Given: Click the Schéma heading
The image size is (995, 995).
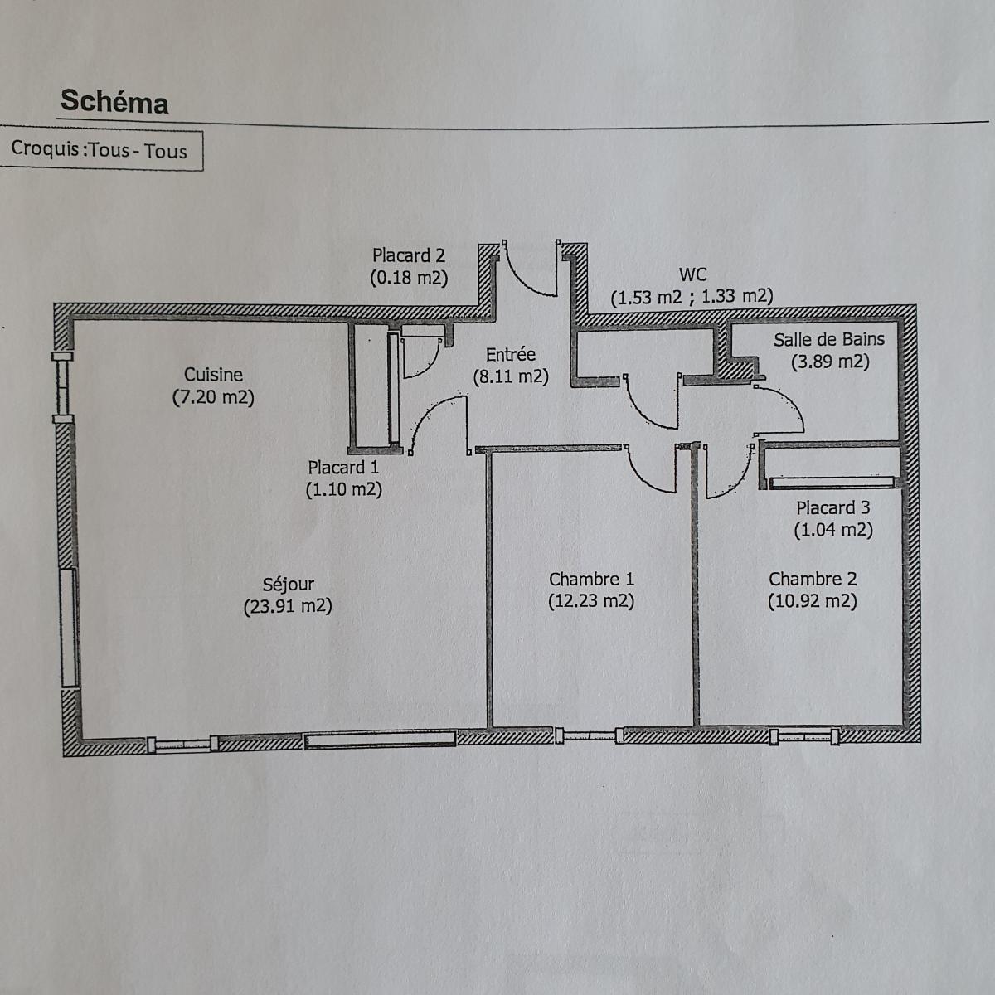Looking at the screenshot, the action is (x=114, y=101).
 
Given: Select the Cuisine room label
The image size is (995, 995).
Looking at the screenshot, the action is (x=213, y=374).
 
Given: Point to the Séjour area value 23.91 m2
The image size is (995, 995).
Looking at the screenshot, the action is (x=288, y=606).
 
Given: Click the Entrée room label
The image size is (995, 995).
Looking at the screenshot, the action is (x=511, y=355).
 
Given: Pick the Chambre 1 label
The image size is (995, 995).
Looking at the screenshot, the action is (x=591, y=580).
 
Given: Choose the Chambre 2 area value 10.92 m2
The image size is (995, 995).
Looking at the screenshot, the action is (x=813, y=601).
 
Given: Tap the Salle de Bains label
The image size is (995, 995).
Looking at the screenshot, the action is (x=829, y=339).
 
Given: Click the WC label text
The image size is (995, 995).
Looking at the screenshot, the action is (x=692, y=274).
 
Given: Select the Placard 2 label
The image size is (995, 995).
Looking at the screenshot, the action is (x=409, y=255).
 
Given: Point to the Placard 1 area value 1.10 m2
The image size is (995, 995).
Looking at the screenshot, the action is (x=344, y=489).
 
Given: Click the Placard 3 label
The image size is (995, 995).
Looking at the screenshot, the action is (x=832, y=508).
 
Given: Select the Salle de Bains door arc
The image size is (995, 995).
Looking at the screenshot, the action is (x=789, y=399).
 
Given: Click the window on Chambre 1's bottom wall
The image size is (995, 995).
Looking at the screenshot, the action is (x=590, y=735).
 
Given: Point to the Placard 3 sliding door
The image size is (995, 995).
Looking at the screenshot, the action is (x=832, y=483).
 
